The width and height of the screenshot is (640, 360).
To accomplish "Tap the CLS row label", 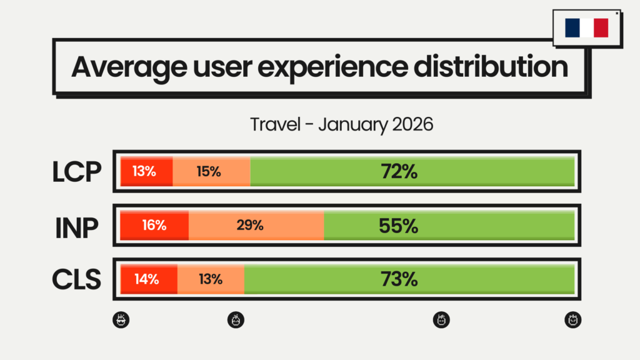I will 77,279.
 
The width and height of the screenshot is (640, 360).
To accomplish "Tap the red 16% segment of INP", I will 154,226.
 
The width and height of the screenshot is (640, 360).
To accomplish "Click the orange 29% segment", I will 256,226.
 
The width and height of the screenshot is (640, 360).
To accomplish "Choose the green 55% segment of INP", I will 449,226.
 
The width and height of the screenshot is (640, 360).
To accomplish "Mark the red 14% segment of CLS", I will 148,279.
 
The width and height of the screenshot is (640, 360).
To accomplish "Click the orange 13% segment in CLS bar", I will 211,279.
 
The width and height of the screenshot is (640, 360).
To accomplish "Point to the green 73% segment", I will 409,279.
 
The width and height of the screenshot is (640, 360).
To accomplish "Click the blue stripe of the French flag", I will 572,28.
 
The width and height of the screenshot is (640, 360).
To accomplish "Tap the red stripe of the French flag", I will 601,28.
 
